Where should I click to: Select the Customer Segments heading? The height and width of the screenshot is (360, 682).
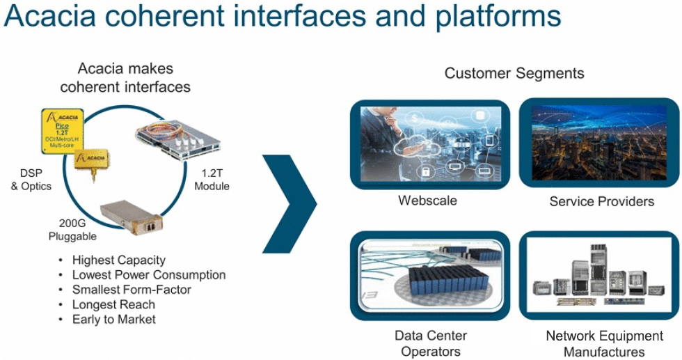[x=514, y=73]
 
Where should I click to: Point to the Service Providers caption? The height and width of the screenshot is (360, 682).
[x=601, y=202]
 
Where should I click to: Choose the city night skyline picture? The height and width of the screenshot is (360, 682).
[x=600, y=143]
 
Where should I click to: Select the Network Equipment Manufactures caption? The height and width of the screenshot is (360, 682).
[x=604, y=344]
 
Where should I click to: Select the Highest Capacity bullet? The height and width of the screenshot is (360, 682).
[x=119, y=260]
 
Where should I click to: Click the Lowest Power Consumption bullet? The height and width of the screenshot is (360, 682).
[x=149, y=275]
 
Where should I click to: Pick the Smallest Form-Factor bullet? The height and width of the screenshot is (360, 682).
[x=132, y=290]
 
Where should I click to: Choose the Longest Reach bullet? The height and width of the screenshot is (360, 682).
[x=113, y=304]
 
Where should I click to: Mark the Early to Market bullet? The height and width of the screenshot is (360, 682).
[x=114, y=320]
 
